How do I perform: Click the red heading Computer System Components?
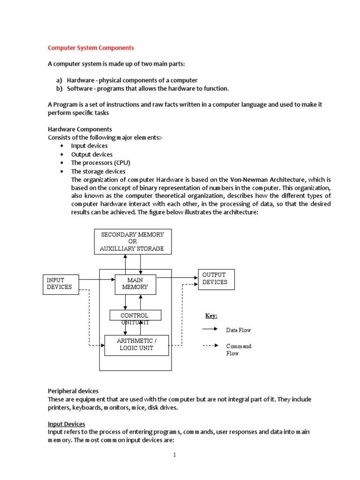[91, 48]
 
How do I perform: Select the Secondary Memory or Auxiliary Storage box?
[133, 241]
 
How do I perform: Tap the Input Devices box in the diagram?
[60, 284]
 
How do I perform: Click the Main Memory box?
[135, 284]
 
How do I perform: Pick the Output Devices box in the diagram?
[216, 279]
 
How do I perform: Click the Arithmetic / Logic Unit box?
[135, 345]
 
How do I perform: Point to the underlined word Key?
[211, 316]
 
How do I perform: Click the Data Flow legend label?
[239, 330]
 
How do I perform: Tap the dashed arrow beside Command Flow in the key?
[210, 346]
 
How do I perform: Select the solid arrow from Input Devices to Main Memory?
[96, 280]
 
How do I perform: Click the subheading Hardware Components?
[80, 129]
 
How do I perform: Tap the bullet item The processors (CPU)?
[100, 163]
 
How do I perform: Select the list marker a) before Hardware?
[60, 80]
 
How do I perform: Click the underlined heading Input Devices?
[66, 424]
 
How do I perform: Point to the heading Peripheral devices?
[73, 390]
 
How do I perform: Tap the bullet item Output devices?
[92, 154]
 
